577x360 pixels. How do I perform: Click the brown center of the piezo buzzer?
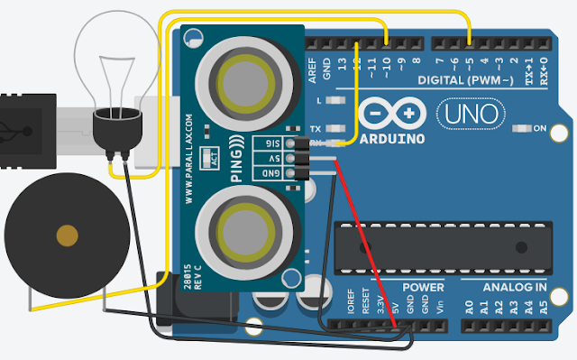[x=66, y=237]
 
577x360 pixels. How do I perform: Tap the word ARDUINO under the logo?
[x=393, y=140]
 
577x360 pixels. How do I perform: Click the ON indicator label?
[x=540, y=129]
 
